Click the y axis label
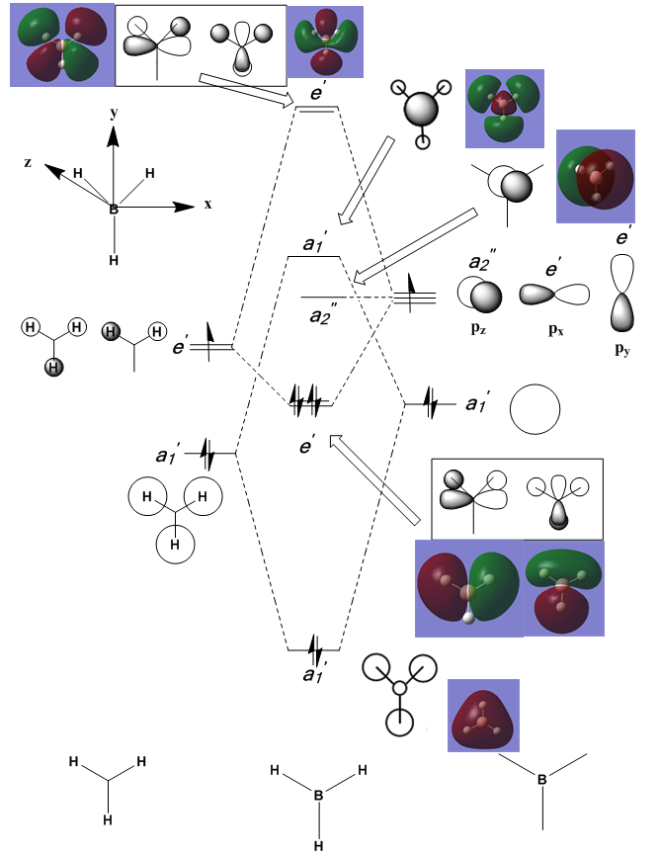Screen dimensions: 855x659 [x=115, y=114]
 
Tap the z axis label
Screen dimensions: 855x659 [x=30, y=162]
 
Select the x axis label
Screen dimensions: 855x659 [x=208, y=204]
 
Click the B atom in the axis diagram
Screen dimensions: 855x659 [x=114, y=210]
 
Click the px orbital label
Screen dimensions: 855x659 [x=556, y=326]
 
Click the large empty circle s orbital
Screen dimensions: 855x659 [x=535, y=407]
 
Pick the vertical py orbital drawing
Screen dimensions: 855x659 [x=622, y=293]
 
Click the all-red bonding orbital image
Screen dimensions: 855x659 [x=483, y=715]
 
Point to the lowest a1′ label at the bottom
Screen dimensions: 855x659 [x=312, y=676]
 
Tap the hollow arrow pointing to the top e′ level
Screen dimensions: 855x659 [x=247, y=90]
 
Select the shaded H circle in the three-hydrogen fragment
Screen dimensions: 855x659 [x=54, y=368]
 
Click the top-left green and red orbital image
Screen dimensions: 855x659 [x=61, y=45]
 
